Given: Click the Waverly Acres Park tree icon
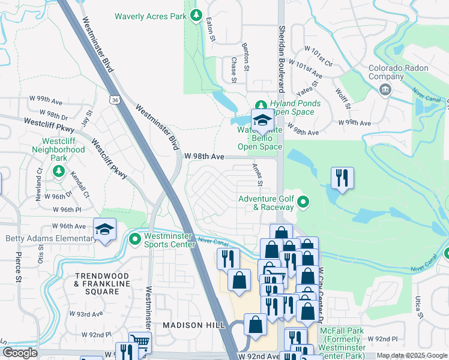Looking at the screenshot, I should point(196,16).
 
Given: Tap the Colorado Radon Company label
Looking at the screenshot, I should point(394,72).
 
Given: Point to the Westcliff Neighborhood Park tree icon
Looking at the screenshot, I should point(59,172).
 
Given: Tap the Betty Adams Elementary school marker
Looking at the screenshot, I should point(104,230).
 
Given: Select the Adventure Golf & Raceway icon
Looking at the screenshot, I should point(303,202).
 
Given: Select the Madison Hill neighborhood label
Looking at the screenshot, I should point(194,325).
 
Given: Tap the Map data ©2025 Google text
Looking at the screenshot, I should point(412,355).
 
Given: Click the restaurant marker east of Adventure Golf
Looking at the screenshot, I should point(342,178).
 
